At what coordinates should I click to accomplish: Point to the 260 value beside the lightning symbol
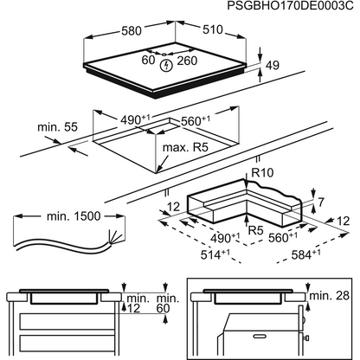188,61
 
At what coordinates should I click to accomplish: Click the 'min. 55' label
55,128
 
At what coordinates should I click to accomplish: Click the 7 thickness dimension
320,202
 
